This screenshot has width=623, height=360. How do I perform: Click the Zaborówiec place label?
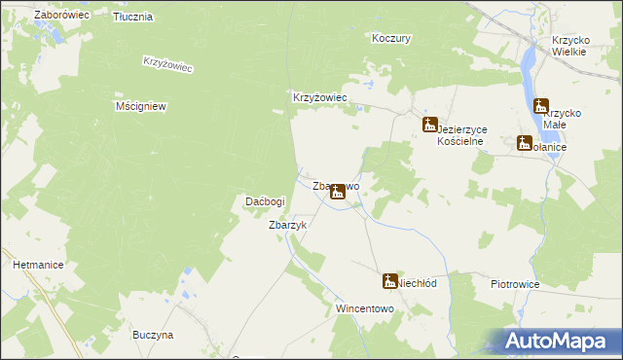tap(61, 16)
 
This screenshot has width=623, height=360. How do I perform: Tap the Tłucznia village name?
tap(132, 18)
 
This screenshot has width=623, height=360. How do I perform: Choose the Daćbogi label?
tap(264, 201)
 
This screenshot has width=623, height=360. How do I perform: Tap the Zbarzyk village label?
tap(287, 225)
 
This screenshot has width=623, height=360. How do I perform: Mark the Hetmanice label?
tap(38, 264)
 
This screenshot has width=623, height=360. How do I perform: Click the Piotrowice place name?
tap(515, 284)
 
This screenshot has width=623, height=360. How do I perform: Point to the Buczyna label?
tap(153, 335)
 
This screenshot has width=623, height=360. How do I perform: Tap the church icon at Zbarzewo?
tap(337, 192)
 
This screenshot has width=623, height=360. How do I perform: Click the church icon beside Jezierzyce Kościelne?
tap(429, 124)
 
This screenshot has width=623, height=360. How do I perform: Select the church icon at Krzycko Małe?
tap(540, 105)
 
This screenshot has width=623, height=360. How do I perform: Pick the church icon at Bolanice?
tap(525, 143)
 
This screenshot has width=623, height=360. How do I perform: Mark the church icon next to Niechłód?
tap(389, 280)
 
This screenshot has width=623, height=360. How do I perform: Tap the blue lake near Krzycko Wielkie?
tap(529, 68)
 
